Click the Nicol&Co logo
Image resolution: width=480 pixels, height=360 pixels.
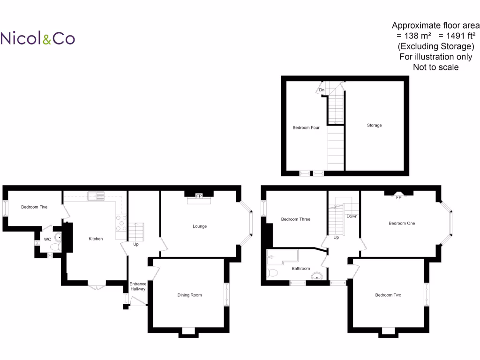coord(37,38)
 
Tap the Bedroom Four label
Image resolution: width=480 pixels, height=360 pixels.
coord(306,127)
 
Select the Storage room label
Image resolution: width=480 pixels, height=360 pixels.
coord(374,125)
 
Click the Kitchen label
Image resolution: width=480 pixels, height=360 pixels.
coord(96,239)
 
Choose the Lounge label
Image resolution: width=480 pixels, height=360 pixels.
coord(200,226)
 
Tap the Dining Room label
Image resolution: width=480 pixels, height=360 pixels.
coord(189,295)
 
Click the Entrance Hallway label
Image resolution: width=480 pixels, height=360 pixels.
coord(138,286)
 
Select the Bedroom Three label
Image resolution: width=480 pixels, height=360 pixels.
coord(295,219)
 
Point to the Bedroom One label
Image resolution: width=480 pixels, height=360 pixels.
coord(402,223)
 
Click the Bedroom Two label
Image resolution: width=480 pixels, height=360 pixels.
coord(388,295)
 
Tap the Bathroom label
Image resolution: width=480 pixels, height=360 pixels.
coord(300,269)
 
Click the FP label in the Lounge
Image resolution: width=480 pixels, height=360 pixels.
coord(199,196)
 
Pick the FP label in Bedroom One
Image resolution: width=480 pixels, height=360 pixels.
coord(399,197)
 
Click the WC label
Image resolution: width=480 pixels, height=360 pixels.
coord(47,239)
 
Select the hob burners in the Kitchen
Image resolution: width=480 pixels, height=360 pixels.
coord(121,223)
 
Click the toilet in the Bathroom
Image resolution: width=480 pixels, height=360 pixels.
coord(272,272)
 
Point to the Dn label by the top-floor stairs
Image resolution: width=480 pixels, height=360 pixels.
coord(322,90)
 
